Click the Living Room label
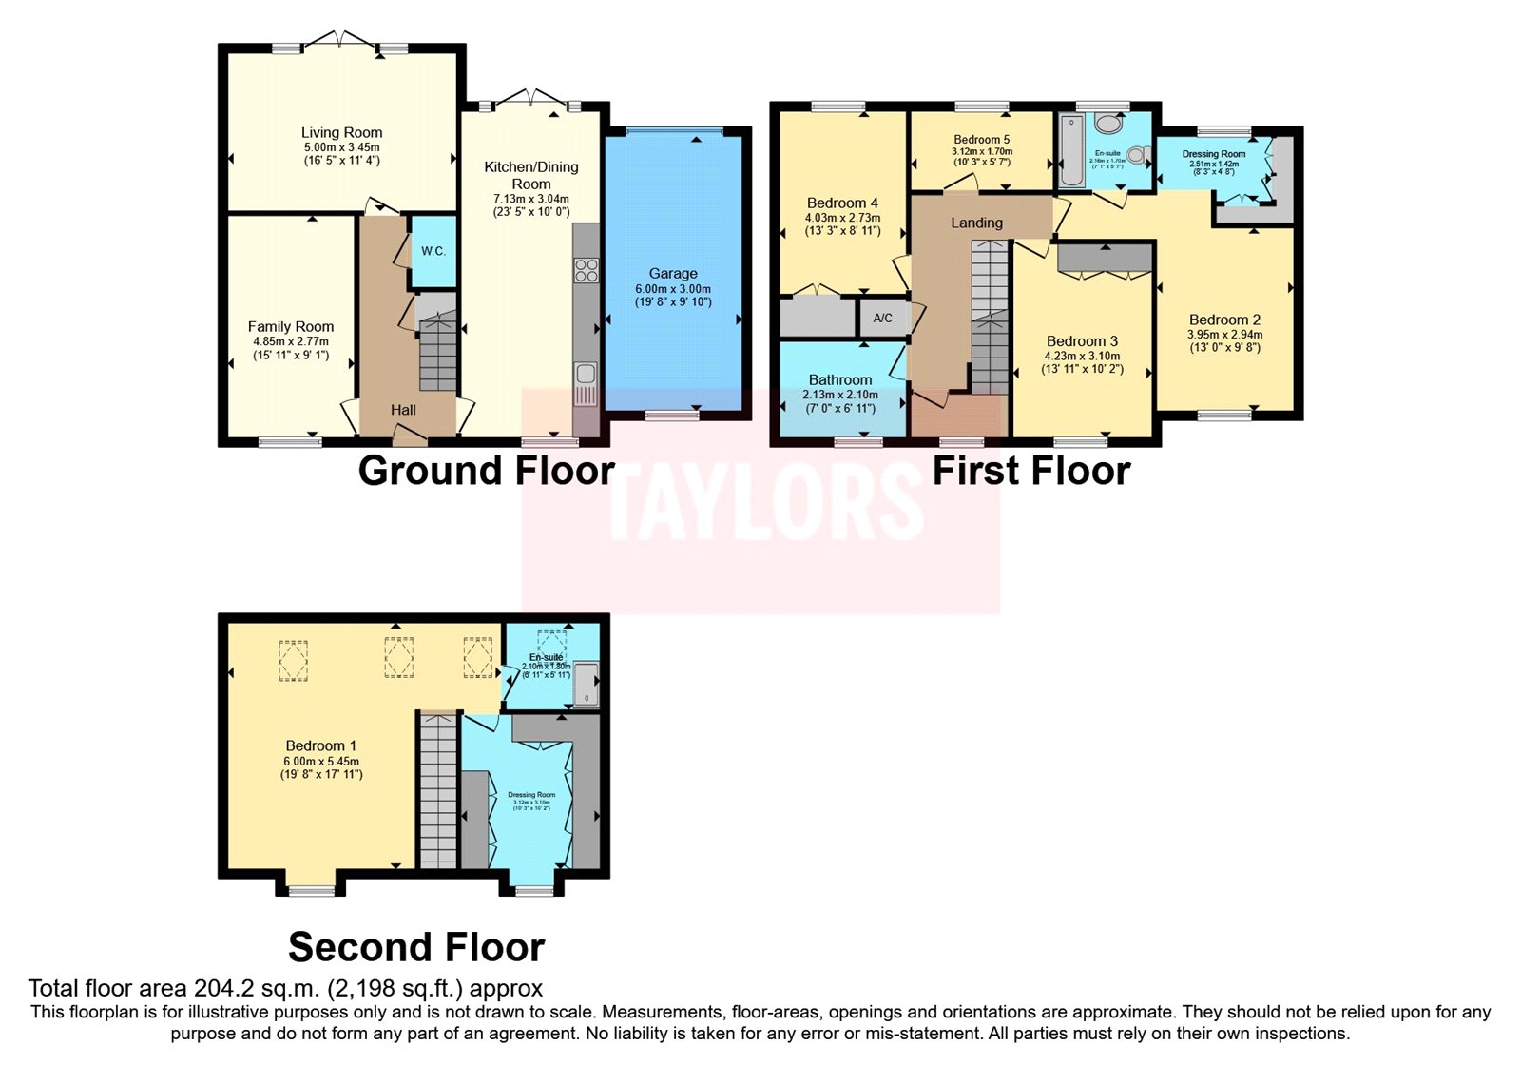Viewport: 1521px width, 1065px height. tap(341, 133)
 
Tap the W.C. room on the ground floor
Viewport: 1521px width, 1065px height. tap(433, 251)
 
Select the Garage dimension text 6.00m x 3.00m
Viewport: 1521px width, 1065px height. tap(673, 289)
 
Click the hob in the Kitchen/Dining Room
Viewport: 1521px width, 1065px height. tap(587, 270)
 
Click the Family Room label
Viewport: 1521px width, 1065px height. tap(291, 326)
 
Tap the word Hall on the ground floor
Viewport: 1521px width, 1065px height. tap(403, 410)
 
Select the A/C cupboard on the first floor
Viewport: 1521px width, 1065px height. tap(883, 318)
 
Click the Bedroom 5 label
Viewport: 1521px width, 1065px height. tap(982, 140)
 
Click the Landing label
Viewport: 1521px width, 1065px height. tap(976, 223)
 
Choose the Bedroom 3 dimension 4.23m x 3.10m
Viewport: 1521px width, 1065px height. tap(1082, 356)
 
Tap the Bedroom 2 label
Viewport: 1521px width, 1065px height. tap(1224, 319)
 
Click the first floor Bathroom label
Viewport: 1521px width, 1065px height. tap(840, 379)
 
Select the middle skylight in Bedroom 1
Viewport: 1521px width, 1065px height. tap(398, 657)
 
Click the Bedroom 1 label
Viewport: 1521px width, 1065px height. tap(321, 745)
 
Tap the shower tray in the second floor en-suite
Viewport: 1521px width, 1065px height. tap(587, 685)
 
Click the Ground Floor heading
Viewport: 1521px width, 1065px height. tap(486, 471)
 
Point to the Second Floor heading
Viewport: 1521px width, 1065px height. tap(416, 947)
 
